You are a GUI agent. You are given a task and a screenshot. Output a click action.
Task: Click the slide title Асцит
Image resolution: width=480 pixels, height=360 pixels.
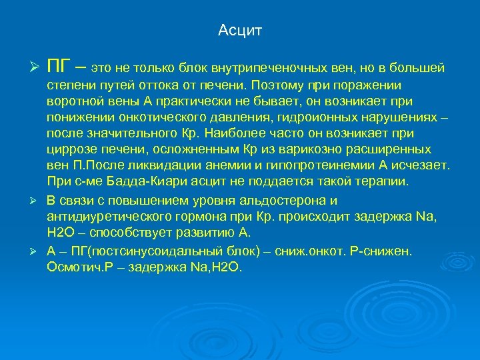pos(240,31)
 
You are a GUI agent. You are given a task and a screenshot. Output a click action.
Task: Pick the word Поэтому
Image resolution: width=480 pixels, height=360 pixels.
pos(277,85)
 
